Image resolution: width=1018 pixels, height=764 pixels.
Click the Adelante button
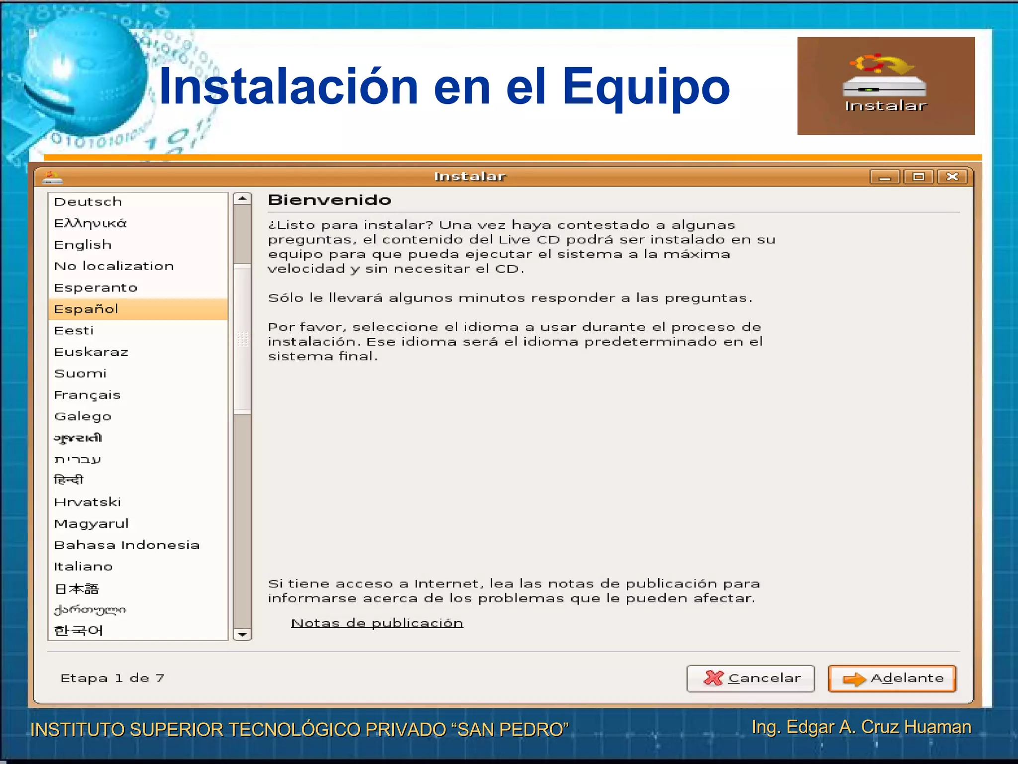tap(892, 678)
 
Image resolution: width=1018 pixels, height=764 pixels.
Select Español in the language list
tap(86, 309)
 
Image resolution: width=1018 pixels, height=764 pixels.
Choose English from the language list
tap(83, 245)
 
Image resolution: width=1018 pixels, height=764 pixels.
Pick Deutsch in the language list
tap(88, 202)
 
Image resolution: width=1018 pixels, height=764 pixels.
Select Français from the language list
tap(87, 395)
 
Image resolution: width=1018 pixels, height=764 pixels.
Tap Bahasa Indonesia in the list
tap(127, 545)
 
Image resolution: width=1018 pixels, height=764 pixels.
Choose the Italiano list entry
tap(84, 567)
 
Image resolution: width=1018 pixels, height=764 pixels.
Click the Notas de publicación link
tap(377, 623)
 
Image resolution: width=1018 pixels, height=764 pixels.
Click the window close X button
tap(952, 177)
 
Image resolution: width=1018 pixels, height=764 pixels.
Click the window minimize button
tap(885, 177)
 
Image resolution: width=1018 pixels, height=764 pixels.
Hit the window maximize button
tap(919, 177)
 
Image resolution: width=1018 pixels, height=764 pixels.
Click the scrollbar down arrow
tap(243, 634)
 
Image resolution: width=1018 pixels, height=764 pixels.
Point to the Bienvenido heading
tap(330, 200)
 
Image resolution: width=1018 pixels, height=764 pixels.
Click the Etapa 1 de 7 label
tap(112, 678)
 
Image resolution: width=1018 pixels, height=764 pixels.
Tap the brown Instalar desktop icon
tap(886, 86)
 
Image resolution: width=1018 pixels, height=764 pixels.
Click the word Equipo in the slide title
tap(646, 88)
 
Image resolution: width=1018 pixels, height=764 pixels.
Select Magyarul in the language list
tap(91, 524)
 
